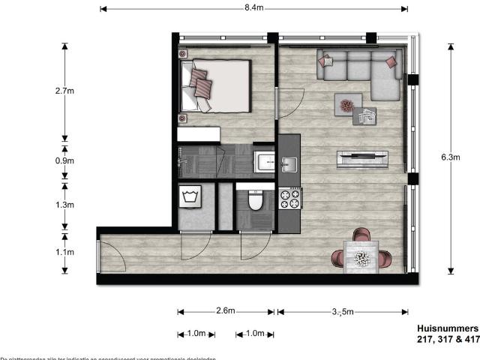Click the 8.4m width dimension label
pyautogui.click(x=253, y=8)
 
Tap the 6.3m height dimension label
pyautogui.click(x=450, y=157)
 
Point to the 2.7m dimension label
pyautogui.click(x=64, y=91)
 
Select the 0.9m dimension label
pyautogui.click(x=64, y=160)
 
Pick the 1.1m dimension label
pyautogui.click(x=64, y=252)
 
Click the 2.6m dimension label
pyautogui.click(x=226, y=311)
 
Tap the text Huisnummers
pyautogui.click(x=447, y=328)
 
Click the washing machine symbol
pyautogui.click(x=187, y=197)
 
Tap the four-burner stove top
pyautogui.click(x=289, y=198)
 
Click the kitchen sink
pyautogui.click(x=289, y=164)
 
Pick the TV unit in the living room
pyautogui.click(x=362, y=157)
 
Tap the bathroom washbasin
pyautogui.click(x=265, y=161)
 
